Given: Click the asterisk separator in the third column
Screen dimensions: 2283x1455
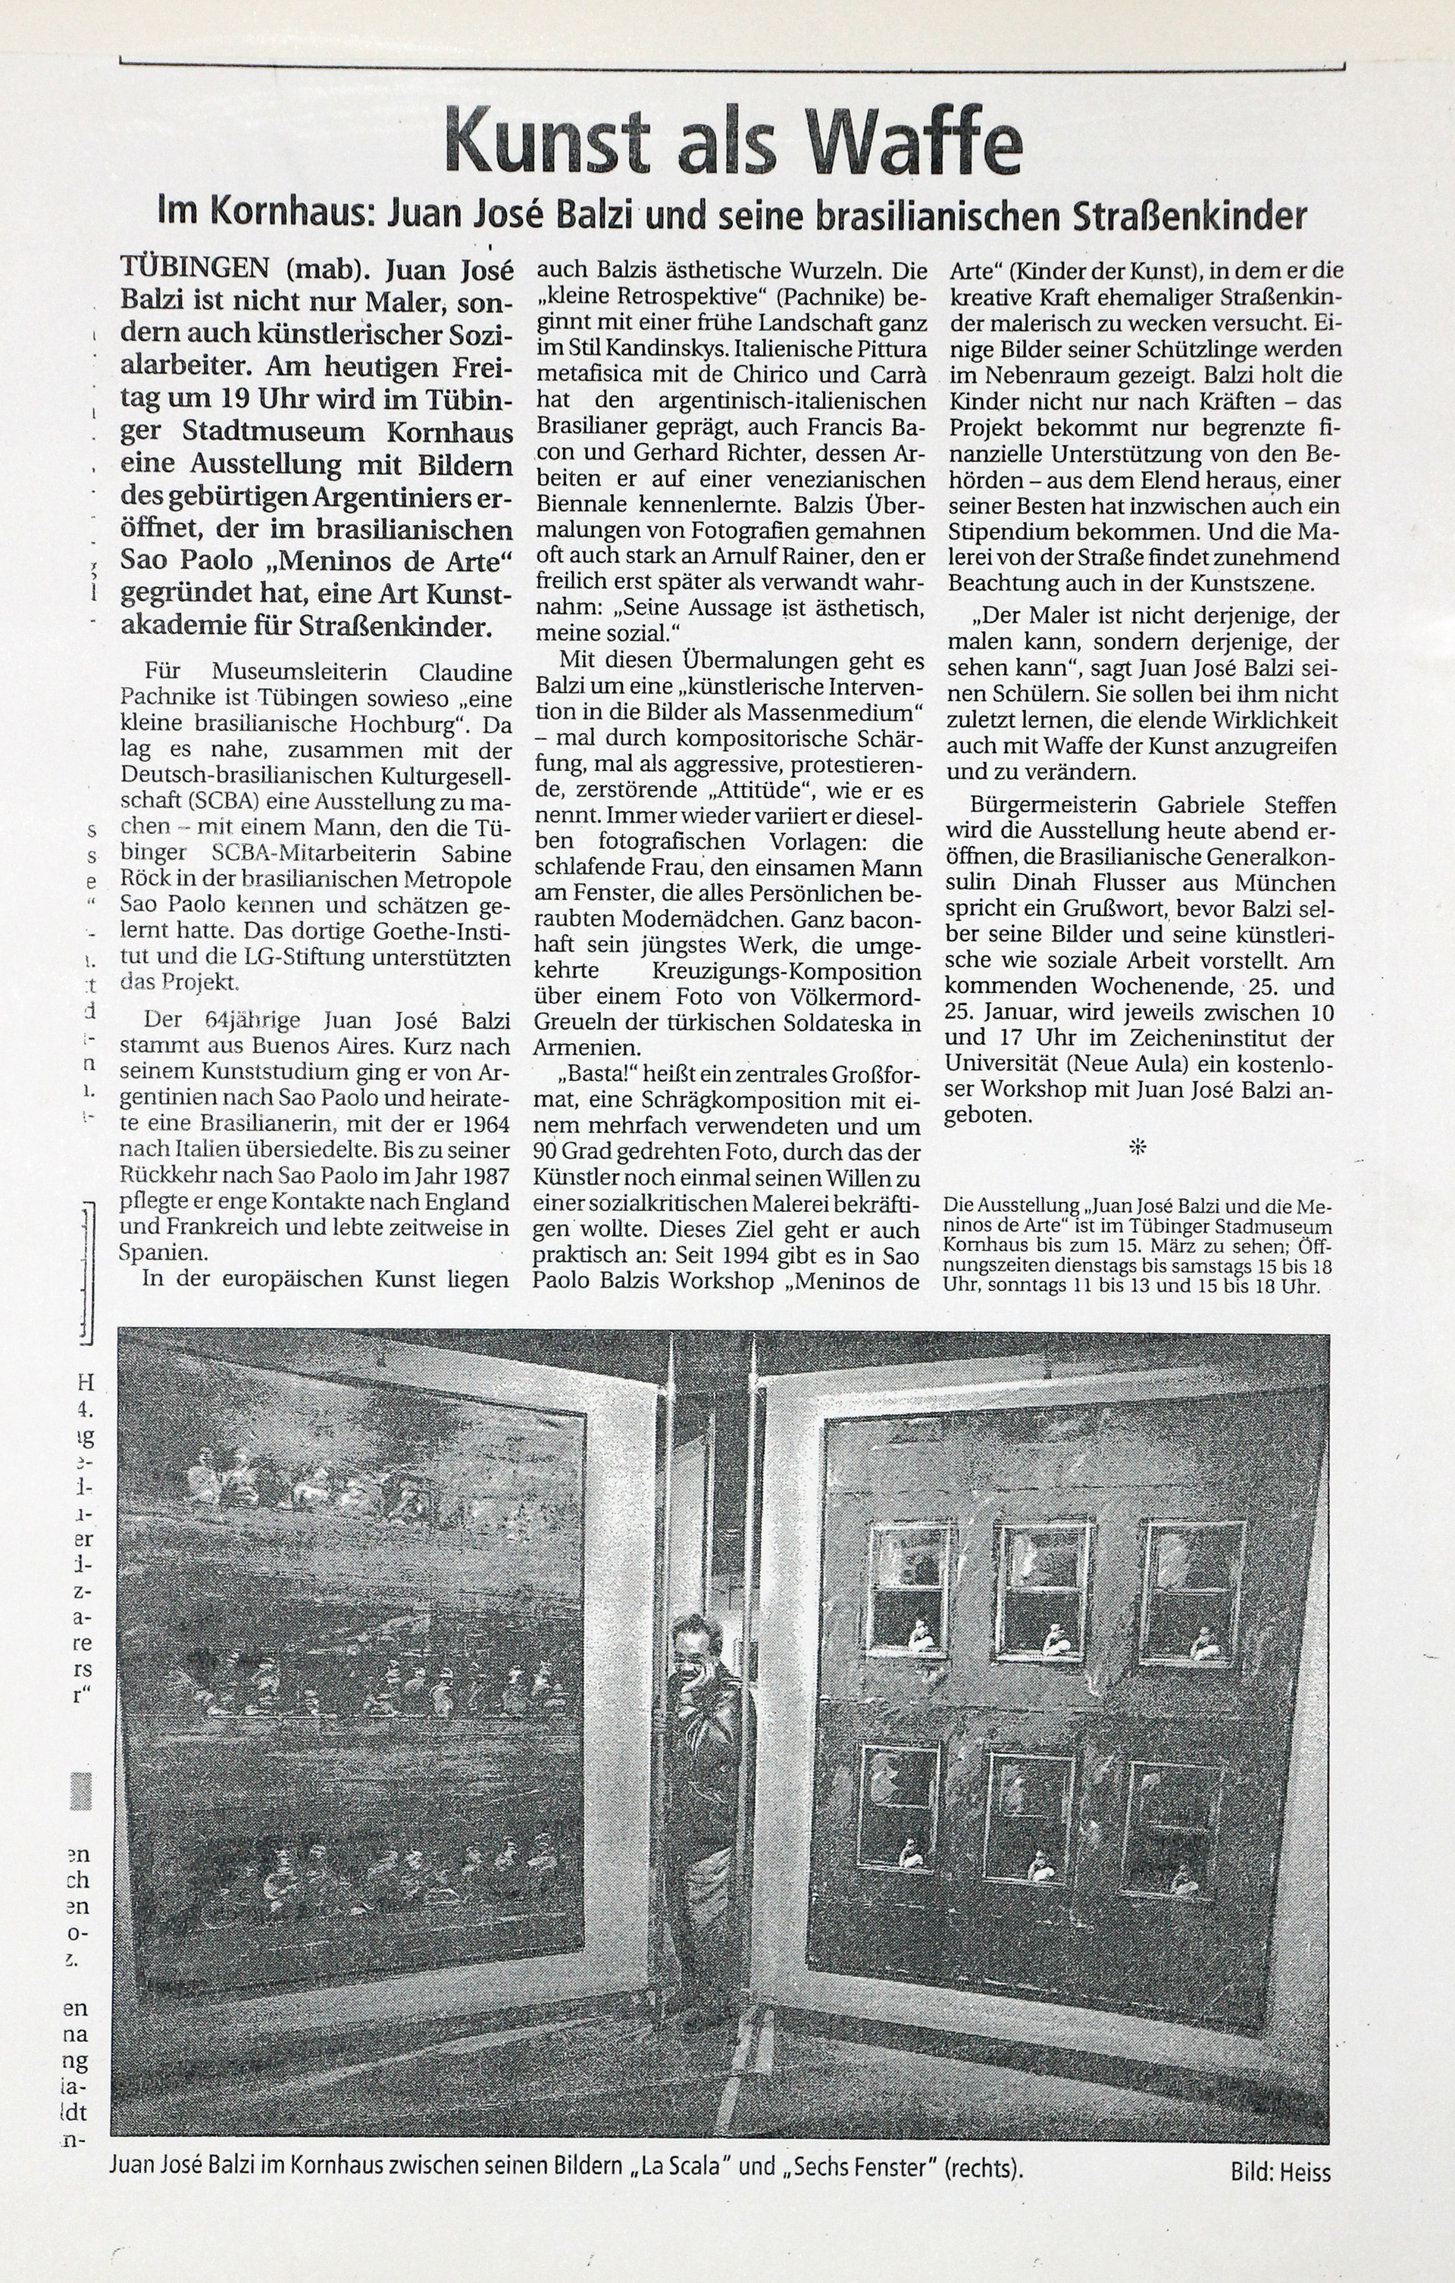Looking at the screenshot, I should pos(1138,1148).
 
